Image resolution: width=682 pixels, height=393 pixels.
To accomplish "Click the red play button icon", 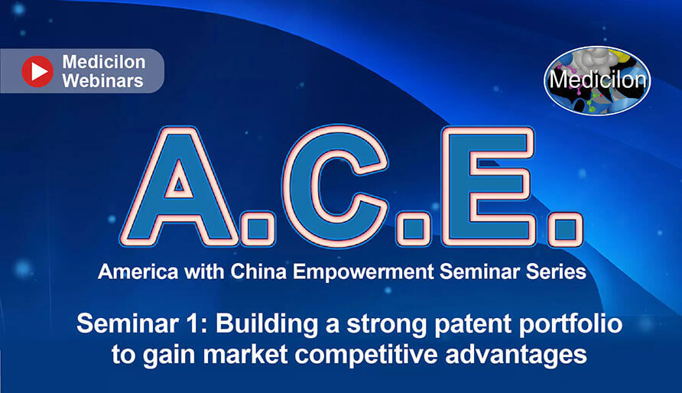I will [37, 71].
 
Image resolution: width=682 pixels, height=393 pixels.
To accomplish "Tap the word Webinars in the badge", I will [102, 81].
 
